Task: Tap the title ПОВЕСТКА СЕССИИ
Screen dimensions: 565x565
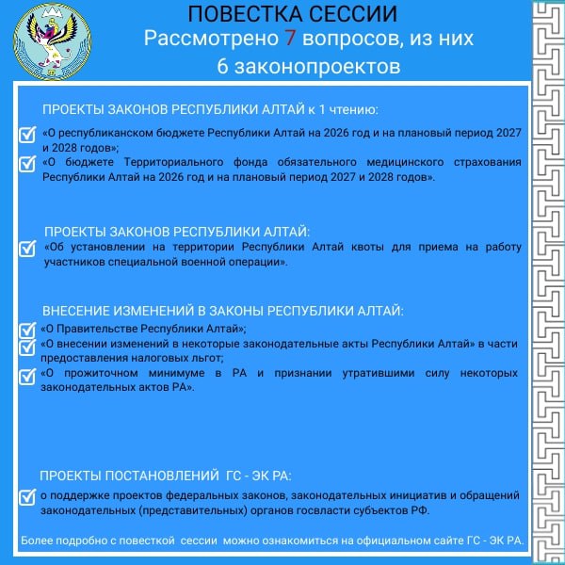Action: pyautogui.click(x=293, y=15)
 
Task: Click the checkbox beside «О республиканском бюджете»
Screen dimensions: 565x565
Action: pyautogui.click(x=27, y=134)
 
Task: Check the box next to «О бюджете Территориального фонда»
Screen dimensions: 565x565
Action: pyautogui.click(x=27, y=163)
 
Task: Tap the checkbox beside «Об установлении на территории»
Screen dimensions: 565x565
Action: pyautogui.click(x=27, y=249)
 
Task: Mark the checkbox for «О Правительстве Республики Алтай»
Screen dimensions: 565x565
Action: pyautogui.click(x=27, y=330)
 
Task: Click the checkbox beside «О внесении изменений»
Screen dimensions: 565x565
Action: pyautogui.click(x=27, y=346)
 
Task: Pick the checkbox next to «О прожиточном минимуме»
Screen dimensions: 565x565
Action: pyautogui.click(x=27, y=375)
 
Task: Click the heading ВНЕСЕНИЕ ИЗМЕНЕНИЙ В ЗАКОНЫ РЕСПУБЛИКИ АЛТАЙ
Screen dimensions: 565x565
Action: pyautogui.click(x=222, y=311)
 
